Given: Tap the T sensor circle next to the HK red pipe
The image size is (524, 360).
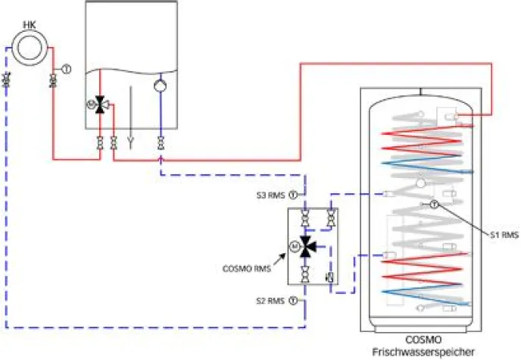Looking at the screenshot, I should (66, 69).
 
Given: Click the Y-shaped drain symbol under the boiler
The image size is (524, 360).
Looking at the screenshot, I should (130, 141).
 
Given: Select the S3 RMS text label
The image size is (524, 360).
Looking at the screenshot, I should (270, 196).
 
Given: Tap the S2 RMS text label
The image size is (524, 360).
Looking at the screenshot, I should (270, 300).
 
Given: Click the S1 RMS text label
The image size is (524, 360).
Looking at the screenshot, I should (504, 236).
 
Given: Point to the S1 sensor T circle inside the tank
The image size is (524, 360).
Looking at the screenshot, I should (435, 205).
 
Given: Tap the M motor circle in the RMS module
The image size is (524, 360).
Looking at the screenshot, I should (294, 245).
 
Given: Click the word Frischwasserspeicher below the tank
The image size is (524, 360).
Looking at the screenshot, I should (423, 352).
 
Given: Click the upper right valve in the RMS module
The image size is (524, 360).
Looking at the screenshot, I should (330, 221).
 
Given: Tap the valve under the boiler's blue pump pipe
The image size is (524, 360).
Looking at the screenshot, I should (161, 142).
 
